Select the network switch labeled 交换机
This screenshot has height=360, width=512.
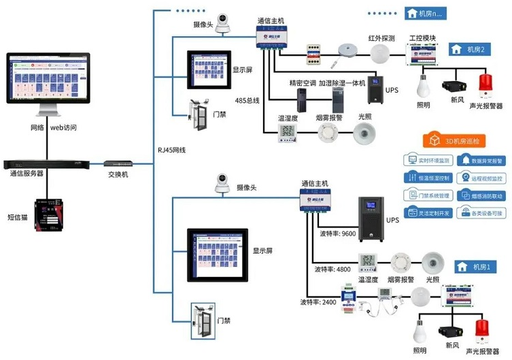click(x=118, y=164)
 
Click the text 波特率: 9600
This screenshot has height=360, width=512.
click(x=337, y=233)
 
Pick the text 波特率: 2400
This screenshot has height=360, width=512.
click(x=318, y=301)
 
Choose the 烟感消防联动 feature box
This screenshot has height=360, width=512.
click(x=482, y=196)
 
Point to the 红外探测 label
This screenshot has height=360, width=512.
click(x=381, y=38)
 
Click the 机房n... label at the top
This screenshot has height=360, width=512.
click(x=426, y=13)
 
